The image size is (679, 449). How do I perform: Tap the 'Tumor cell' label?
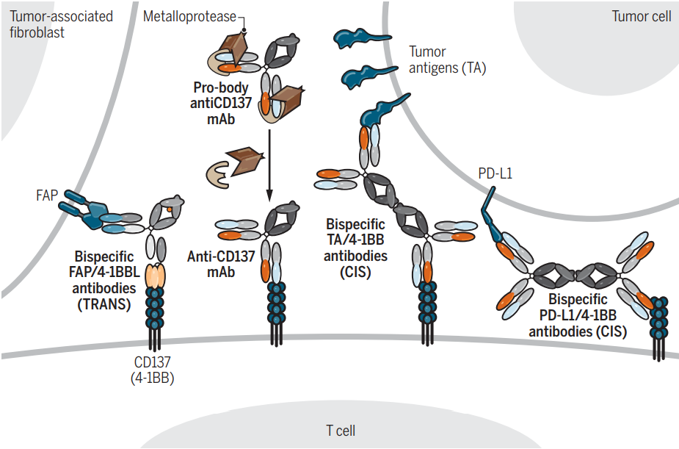pyautogui.click(x=641, y=16)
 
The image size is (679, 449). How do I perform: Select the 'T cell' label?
pyautogui.click(x=340, y=431)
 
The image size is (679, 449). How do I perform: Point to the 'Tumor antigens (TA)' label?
pyautogui.click(x=447, y=60)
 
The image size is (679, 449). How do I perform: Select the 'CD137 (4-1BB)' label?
pyautogui.click(x=153, y=371)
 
